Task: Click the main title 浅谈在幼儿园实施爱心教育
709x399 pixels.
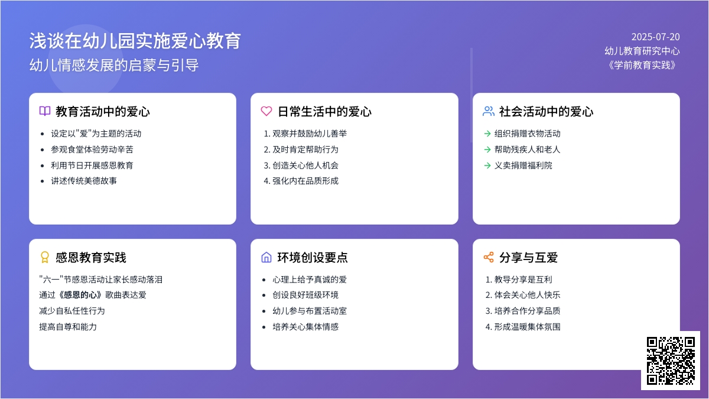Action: pos(135,41)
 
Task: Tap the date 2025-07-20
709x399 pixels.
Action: pos(655,37)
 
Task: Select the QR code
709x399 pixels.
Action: pos(671,361)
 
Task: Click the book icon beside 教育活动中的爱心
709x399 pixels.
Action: pos(45,111)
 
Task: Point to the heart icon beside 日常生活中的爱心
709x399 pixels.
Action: pos(266,111)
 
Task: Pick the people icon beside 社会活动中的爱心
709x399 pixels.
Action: pos(489,111)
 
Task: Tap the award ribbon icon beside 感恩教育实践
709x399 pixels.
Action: pos(45,257)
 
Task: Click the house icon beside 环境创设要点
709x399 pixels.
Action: pos(266,257)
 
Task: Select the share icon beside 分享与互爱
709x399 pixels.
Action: pos(489,257)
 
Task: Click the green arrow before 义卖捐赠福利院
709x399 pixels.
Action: pos(487,166)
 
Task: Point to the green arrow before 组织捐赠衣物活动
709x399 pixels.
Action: pos(487,134)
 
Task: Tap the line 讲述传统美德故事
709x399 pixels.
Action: pos(84,181)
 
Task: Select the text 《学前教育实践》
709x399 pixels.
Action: pos(642,65)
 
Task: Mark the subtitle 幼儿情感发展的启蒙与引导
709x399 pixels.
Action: pos(114,65)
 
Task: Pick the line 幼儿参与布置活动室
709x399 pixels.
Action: pos(310,311)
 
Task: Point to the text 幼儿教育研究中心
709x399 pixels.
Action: pos(642,51)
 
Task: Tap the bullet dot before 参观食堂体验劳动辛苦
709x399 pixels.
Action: pos(42,150)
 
